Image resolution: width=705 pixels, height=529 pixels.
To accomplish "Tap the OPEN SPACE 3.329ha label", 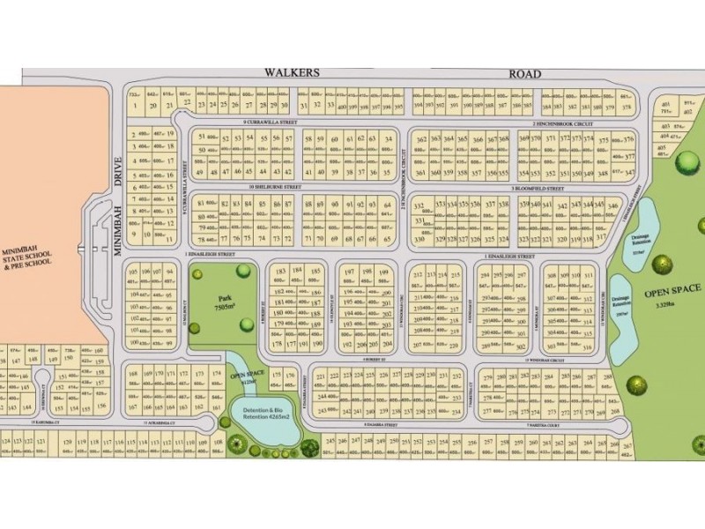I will (x=672, y=293).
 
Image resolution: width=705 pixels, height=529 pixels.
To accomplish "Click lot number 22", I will (x=186, y=103).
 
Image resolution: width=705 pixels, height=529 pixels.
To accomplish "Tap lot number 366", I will (x=477, y=140).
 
